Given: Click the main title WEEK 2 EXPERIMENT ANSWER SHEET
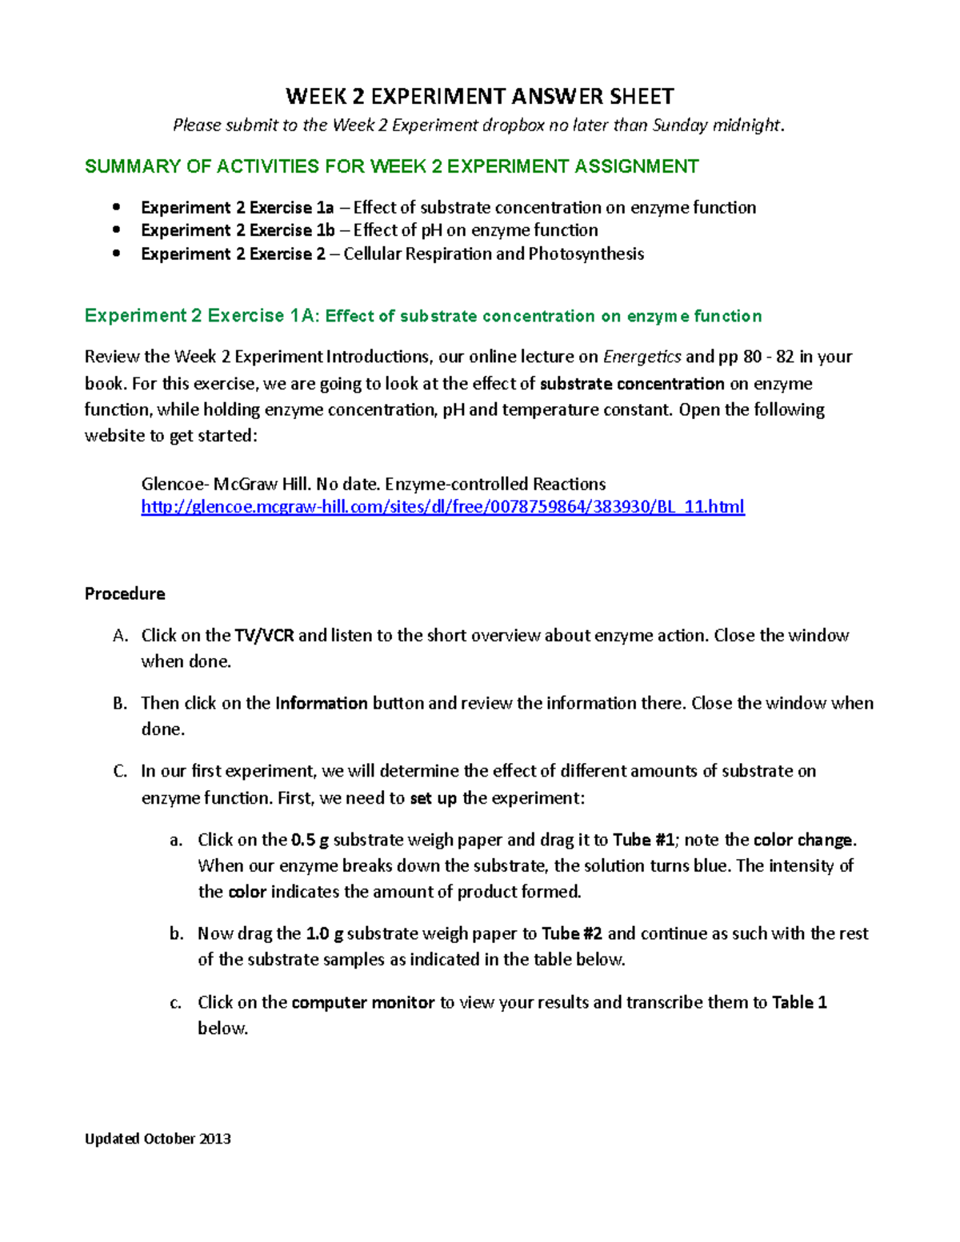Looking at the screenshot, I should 480,97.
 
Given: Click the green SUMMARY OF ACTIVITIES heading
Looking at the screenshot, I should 391,166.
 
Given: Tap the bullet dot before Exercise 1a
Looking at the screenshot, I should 117,207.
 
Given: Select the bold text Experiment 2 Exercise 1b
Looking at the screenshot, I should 238,230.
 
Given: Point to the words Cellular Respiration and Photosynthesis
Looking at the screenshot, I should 494,254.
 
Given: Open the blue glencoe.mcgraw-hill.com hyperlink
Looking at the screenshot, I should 442,507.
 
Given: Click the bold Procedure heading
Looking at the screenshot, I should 125,593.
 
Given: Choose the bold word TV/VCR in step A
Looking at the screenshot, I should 264,636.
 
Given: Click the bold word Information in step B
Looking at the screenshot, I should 321,704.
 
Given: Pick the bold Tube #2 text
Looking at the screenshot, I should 571,933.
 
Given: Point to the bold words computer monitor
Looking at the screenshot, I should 362,1003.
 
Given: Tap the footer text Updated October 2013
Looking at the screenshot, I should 158,1139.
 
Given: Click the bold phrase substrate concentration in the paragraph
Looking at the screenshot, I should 632,384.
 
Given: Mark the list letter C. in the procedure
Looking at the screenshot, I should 120,772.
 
